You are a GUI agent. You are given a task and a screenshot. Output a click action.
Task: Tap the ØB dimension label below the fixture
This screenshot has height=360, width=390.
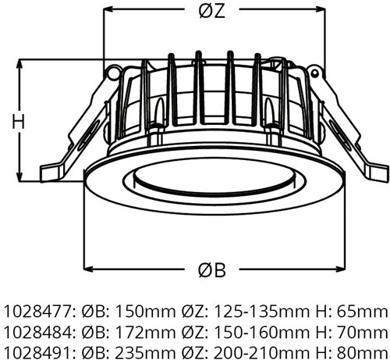coord(212,270)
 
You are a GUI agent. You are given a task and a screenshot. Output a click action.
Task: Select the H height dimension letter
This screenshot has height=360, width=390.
coord(19,122)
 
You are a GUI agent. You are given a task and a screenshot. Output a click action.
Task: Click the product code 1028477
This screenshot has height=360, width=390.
coord(37,312)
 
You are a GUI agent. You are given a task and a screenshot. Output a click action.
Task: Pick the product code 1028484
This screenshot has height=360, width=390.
coord(37,332)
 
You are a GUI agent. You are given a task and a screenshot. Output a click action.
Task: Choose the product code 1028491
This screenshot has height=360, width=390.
coord(37,353)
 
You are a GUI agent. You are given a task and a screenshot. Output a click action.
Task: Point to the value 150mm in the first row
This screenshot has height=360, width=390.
coord(145,312)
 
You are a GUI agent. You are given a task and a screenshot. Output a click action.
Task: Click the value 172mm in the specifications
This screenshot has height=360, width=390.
coord(145,332)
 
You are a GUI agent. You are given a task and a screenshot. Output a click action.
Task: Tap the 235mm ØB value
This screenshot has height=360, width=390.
coord(145,353)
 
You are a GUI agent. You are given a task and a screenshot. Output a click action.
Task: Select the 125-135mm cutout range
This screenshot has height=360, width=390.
coord(261,312)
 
